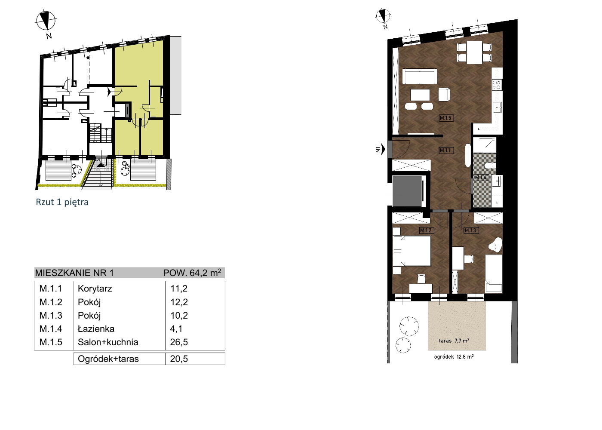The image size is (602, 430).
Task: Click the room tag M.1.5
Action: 446,118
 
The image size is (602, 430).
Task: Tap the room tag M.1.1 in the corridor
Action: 446,150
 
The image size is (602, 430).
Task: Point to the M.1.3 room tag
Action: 471,230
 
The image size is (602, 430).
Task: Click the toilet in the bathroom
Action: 491,166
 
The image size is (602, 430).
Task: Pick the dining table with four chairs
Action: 474,52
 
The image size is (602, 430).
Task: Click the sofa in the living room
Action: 419,76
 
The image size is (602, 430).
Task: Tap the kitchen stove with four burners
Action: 497,85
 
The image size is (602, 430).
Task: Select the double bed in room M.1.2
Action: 412,251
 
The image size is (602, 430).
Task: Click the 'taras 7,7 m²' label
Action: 454,341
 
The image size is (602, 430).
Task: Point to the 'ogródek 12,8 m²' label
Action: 454,357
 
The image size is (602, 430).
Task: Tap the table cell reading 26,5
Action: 179,342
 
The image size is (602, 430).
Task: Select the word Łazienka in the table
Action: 96,329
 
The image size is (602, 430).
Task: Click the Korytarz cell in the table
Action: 95,289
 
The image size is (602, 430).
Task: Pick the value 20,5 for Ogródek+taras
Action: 179,359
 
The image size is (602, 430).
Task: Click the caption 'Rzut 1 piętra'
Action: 62,202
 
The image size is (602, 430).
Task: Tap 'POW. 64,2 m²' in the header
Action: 192,273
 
